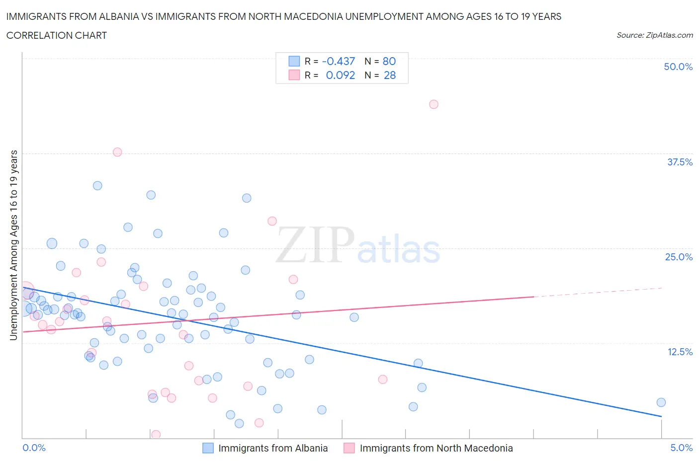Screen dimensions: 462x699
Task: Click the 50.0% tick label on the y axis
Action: coord(678,67)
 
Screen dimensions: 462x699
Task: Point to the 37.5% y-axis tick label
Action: coord(679,162)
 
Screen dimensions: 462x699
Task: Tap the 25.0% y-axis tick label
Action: coord(679,257)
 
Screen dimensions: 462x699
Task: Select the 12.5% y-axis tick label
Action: coord(679,352)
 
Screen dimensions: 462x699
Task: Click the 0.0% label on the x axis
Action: coord(34,448)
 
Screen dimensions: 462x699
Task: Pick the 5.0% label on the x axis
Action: coord(681,448)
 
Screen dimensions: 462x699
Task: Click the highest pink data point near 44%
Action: coord(434,104)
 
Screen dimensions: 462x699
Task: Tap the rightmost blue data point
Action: coord(661,402)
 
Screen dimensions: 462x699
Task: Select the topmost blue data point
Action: coord(97,186)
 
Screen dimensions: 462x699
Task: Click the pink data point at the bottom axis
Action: coord(156,435)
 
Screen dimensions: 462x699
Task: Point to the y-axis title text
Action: coord(13,245)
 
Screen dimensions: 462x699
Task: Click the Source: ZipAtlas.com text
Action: coord(654,35)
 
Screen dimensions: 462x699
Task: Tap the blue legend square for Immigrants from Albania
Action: coord(208,448)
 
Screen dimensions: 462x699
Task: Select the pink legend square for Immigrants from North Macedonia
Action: coord(349,448)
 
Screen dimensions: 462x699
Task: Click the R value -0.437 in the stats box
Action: coord(339,61)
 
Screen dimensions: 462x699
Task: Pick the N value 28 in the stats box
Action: coord(390,75)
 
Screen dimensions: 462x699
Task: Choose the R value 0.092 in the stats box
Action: coord(340,75)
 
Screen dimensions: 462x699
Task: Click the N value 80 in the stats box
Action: coord(389,61)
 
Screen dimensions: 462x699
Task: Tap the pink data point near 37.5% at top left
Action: coord(117,152)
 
